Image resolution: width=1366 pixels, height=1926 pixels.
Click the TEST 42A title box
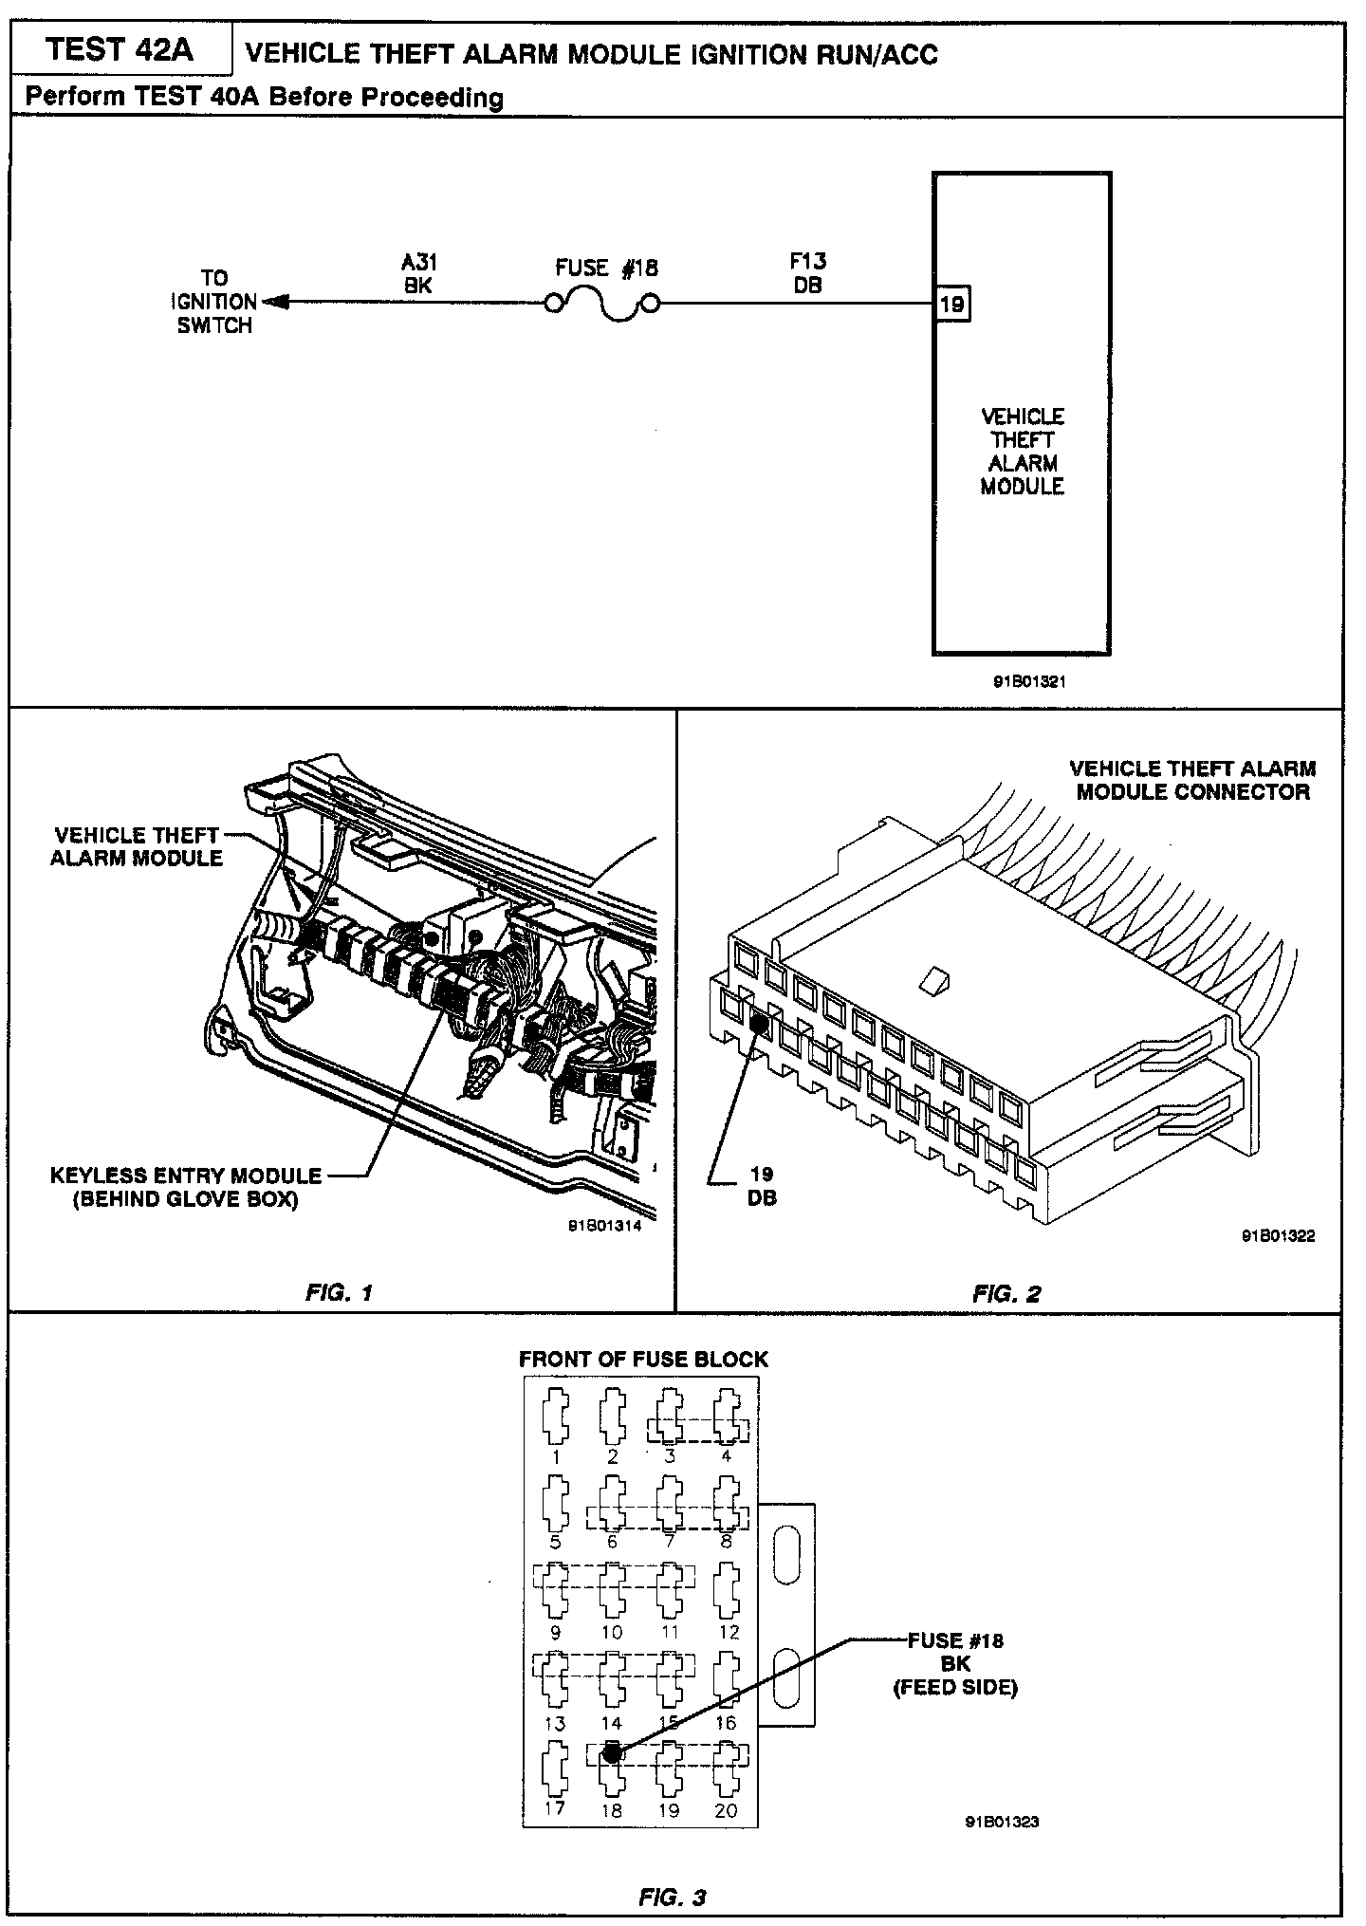120,49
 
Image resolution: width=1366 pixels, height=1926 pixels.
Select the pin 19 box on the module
951,305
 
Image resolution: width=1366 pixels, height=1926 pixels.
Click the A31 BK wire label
418,273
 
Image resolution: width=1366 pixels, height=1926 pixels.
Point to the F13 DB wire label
808,272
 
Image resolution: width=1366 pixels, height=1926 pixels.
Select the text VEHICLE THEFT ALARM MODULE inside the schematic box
1022,452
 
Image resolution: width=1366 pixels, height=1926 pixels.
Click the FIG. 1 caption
340,1292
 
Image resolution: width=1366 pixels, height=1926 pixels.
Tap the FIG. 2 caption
1006,1293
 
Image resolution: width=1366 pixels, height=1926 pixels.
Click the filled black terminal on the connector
759,1024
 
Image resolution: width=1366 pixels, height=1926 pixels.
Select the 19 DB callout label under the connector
762,1186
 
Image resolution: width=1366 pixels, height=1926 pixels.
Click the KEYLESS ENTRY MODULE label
186,1187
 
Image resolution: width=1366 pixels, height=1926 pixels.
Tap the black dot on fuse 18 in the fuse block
612,1752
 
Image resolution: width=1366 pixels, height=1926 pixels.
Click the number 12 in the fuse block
728,1632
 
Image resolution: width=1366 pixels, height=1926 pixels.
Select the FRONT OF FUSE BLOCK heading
642,1359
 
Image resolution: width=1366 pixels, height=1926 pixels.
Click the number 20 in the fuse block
726,1809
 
